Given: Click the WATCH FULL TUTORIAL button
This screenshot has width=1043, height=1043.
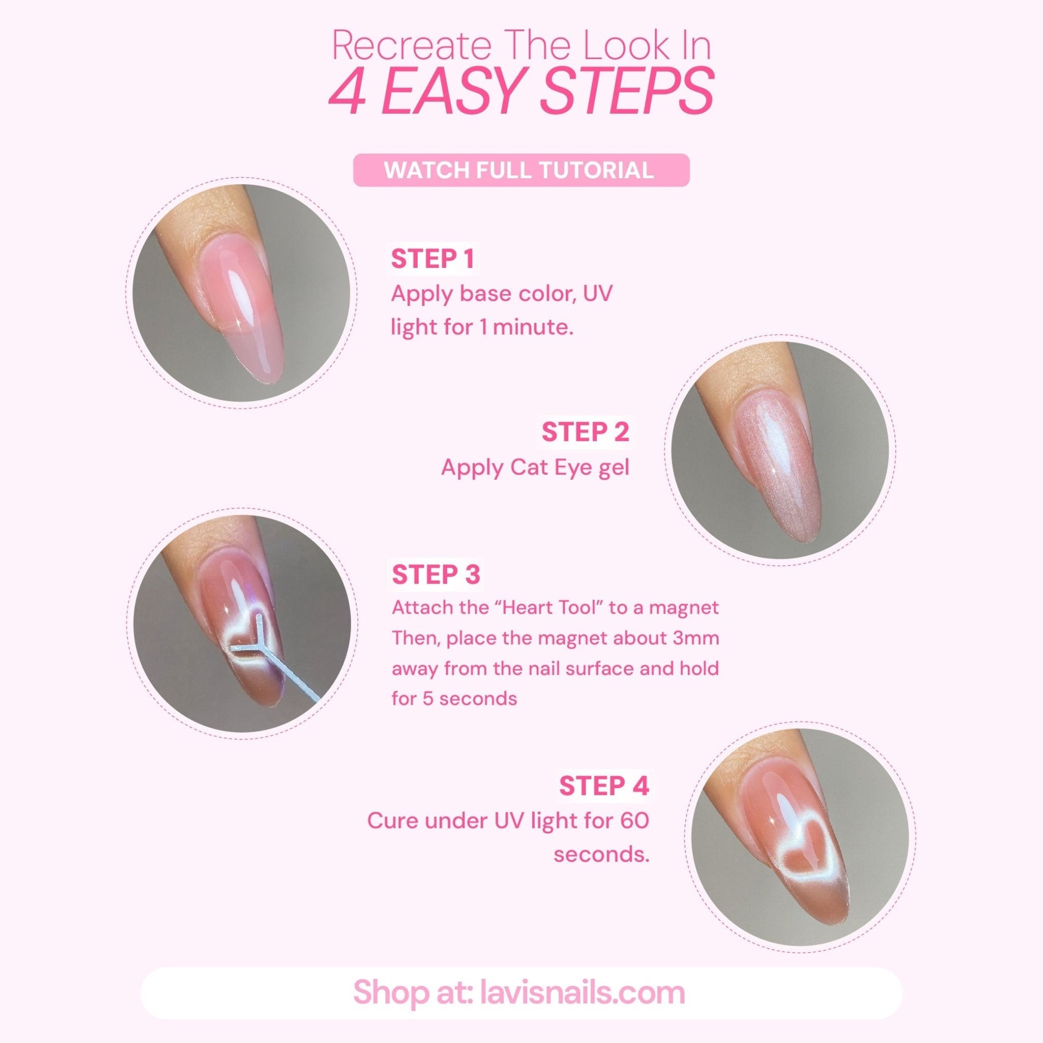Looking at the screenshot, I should tap(521, 171).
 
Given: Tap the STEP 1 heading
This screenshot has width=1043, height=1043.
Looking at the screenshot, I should tap(432, 259).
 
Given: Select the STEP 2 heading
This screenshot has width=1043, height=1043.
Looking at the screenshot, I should tap(585, 432).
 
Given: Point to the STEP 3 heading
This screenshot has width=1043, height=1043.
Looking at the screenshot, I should tap(435, 574).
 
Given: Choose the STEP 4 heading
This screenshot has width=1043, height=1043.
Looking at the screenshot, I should tap(603, 786).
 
